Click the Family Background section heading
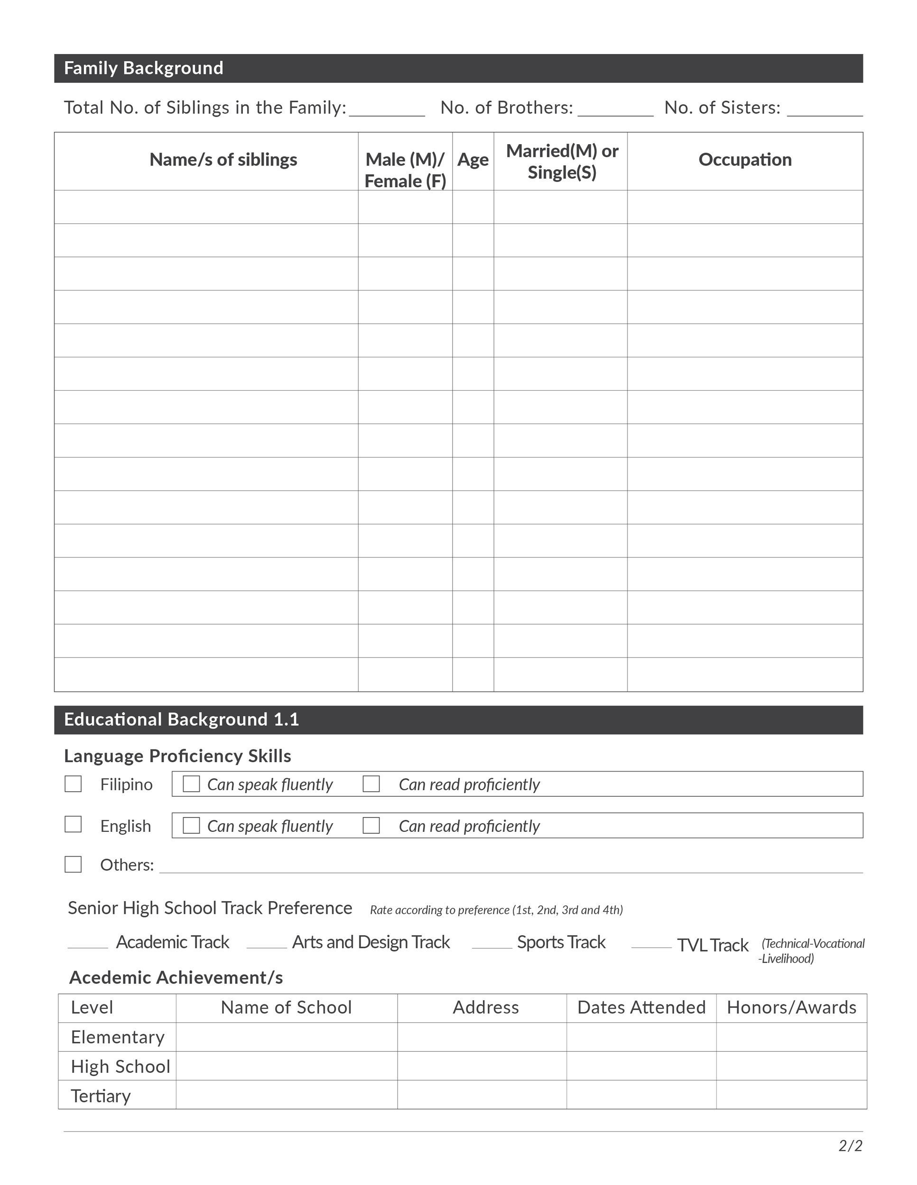(143, 68)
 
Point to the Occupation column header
(744, 160)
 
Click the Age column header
(472, 160)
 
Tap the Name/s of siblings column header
(223, 160)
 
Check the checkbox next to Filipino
(74, 784)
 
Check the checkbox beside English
(74, 825)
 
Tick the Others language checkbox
(74, 864)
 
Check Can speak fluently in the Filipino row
(191, 784)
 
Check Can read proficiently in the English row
(371, 825)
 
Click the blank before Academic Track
(88, 944)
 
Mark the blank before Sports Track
(492, 944)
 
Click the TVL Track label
(713, 946)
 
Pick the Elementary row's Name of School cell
(286, 1037)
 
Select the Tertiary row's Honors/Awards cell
(791, 1095)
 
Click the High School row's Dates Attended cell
(641, 1066)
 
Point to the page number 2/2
(850, 1146)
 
